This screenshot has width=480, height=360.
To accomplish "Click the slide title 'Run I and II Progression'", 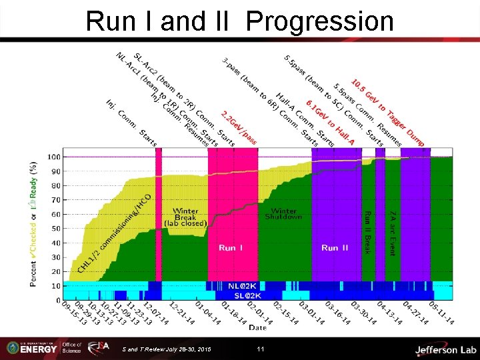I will click(240, 21).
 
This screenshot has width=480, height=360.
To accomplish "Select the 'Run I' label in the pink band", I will click(232, 248).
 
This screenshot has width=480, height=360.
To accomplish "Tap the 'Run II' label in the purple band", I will click(335, 248).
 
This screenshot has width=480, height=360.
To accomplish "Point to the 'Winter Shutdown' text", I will click(283, 214).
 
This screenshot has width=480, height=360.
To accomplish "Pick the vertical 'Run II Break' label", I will click(367, 233).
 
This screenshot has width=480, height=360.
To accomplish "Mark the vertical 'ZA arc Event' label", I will click(393, 232).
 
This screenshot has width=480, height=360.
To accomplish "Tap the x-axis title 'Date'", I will click(258, 327).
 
